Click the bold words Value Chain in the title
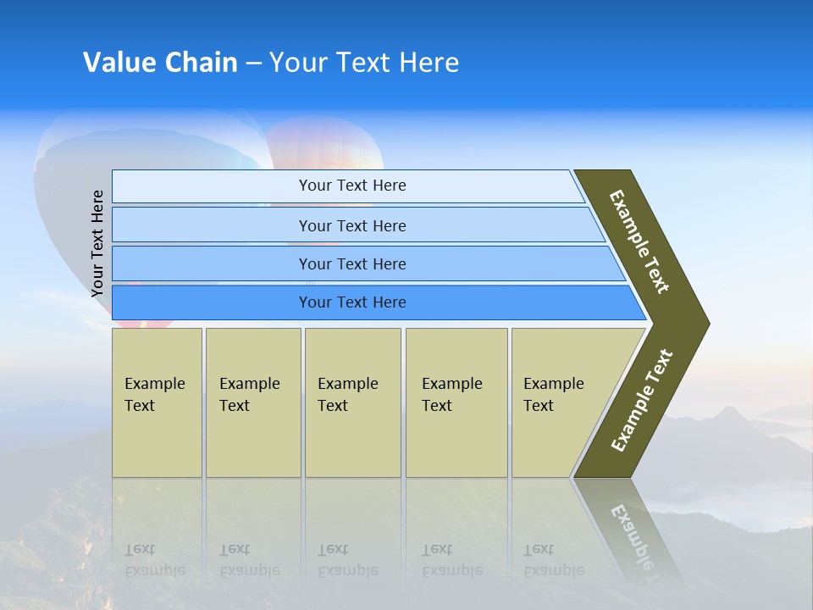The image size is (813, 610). pos(160,63)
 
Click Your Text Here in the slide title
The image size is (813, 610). pos(364,63)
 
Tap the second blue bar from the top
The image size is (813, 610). pos(352,225)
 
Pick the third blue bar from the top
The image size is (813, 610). pos(352,263)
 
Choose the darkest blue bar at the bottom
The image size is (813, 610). pos(352,302)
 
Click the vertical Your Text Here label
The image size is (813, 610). pos(97,244)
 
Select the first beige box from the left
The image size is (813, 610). pos(157,402)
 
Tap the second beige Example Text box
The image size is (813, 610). pos(252,402)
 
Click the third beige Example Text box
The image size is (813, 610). pos(352,402)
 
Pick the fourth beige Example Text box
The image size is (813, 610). pos(456,402)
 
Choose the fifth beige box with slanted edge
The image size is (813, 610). pos(559,402)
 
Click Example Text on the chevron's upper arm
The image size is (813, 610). pos(639,241)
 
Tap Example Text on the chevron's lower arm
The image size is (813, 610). pos(642,401)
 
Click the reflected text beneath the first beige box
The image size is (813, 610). pos(155,560)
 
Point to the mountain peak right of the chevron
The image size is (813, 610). pos(726,412)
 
